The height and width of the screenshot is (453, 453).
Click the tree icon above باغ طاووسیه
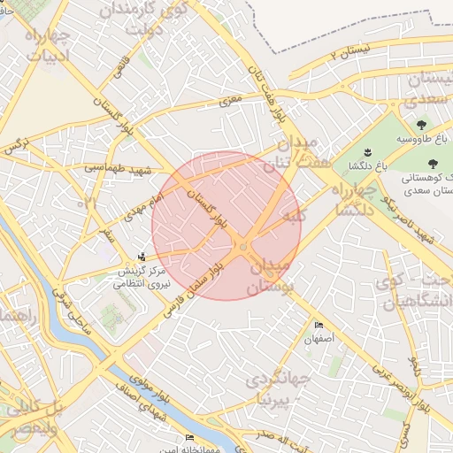click(x=419, y=125)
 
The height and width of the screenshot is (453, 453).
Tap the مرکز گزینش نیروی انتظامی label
click(x=141, y=277)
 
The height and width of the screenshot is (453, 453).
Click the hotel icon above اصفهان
click(x=319, y=326)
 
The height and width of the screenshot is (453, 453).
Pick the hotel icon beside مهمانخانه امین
click(x=188, y=438)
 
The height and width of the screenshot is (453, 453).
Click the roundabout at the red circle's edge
click(x=243, y=248)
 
